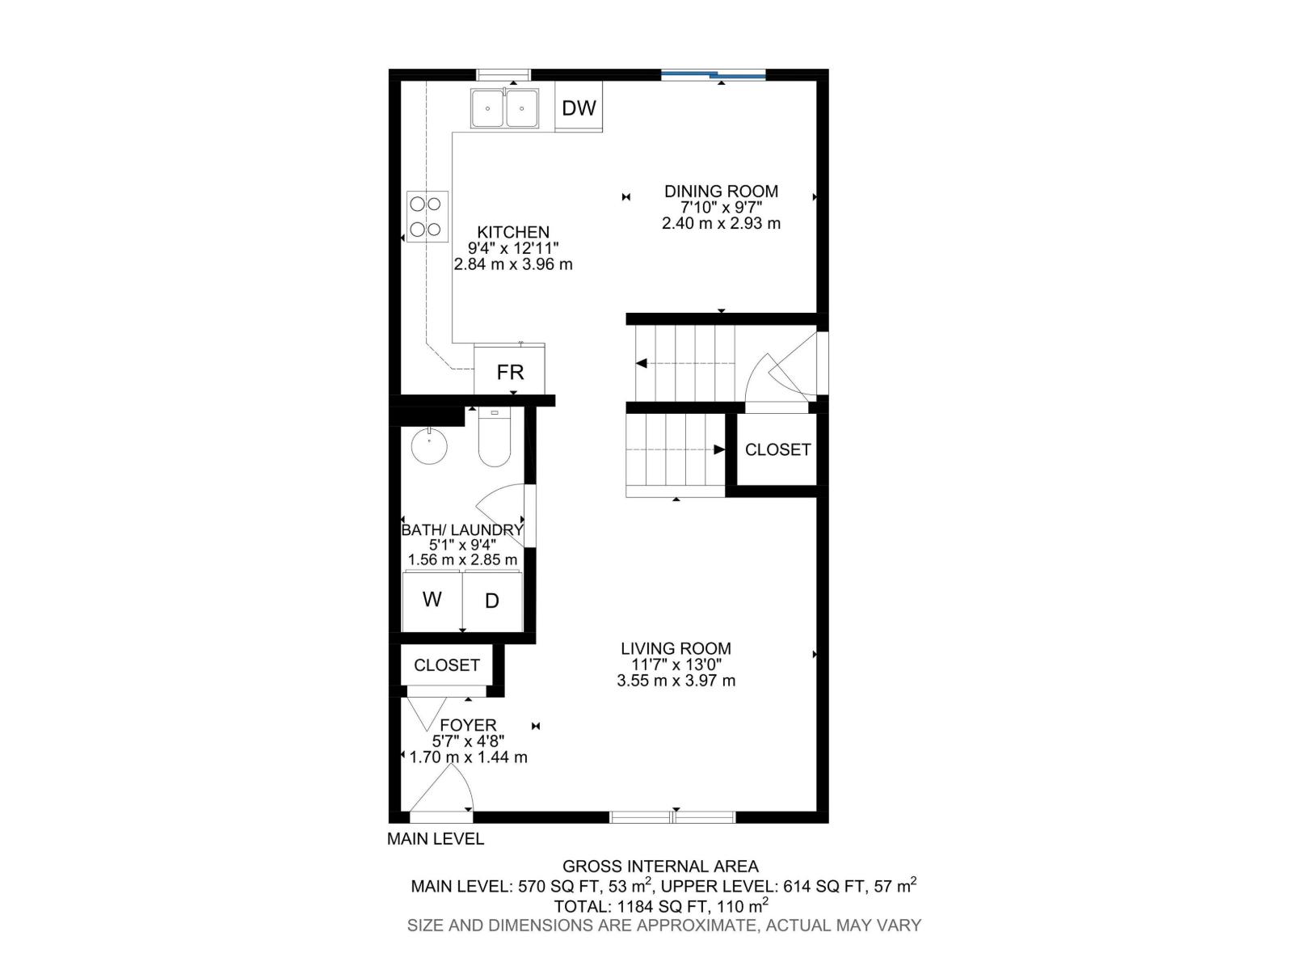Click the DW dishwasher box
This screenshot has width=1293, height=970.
tap(579, 108)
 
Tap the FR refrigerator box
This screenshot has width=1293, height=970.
tap(510, 372)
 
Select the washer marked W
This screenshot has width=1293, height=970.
tap(432, 600)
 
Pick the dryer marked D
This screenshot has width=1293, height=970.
tap(491, 601)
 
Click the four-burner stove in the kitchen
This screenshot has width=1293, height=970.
tap(426, 217)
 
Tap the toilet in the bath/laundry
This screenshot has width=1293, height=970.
tap(494, 441)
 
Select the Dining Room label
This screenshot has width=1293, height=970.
tap(721, 192)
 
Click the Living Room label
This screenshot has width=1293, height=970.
tap(676, 648)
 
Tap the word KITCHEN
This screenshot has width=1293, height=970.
tap(513, 233)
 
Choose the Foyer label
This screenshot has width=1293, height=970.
tap(468, 726)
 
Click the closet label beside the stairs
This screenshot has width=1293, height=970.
tap(777, 449)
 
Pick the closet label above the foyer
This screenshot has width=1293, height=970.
tap(447, 665)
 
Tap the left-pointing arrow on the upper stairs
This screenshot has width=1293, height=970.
tap(642, 364)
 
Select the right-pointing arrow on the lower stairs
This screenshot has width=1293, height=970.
tap(719, 449)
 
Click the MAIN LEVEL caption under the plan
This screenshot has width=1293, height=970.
tap(436, 839)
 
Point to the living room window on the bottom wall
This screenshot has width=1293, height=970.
tap(672, 816)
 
